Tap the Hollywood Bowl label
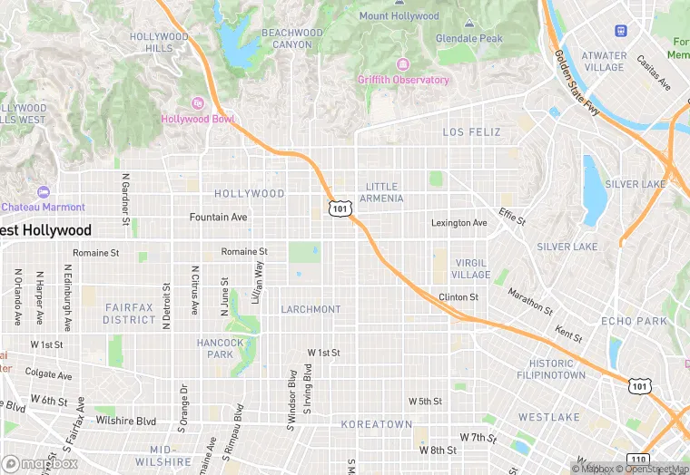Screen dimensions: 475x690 (198, 119)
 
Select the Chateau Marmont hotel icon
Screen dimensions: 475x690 (43, 192)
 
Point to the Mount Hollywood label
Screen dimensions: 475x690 (399, 16)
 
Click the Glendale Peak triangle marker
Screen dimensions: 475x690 (468, 24)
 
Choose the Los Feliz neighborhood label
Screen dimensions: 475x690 (471, 132)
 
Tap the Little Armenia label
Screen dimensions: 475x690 (379, 192)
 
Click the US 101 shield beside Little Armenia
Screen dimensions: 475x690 (340, 208)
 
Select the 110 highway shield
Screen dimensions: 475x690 (636, 459)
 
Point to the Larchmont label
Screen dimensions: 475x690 (310, 309)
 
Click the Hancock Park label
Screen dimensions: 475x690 (221, 348)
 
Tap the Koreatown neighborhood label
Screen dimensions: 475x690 (376, 424)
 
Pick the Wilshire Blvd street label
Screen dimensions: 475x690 (126, 421)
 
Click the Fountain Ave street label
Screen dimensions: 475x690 (218, 218)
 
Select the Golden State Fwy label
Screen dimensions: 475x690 (577, 83)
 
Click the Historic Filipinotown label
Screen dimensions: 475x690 (551, 369)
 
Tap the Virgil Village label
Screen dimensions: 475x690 (471, 268)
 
